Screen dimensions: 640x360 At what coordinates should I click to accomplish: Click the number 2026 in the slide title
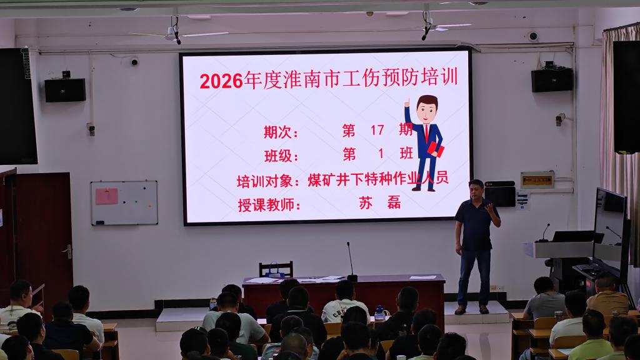pos(221,81)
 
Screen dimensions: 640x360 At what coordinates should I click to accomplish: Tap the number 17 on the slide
pos(377,130)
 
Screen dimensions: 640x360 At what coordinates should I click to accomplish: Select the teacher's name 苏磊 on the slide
pos(379,203)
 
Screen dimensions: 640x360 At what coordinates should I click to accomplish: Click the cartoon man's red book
pos(435,149)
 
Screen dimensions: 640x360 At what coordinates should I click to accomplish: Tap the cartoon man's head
pos(426,109)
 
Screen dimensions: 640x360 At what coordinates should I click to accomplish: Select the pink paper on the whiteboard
pos(106,196)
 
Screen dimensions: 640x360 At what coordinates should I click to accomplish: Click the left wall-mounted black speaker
pos(65,90)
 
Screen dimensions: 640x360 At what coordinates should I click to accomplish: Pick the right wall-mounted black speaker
pos(552,80)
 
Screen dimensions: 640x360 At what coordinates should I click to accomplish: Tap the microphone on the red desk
pos(351,262)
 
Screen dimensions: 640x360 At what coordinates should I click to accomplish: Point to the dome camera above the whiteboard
pos(134,62)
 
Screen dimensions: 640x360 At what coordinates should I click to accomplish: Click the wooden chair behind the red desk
pos(276,269)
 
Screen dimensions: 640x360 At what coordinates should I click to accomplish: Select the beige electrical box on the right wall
pos(537,180)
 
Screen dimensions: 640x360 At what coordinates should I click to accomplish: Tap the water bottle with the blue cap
pos(379,313)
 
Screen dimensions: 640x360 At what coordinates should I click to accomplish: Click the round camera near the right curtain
pos(532,36)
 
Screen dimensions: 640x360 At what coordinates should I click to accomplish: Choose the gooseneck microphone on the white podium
pos(544,232)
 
